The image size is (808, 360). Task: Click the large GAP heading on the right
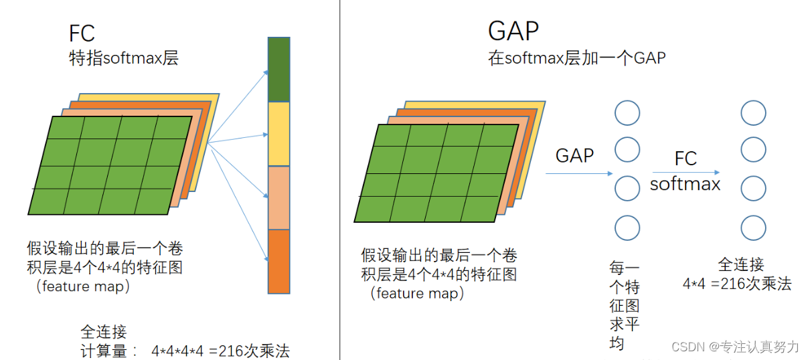click(513, 31)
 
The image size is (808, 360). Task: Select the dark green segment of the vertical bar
click(278, 69)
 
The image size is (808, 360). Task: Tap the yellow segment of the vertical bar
click(278, 134)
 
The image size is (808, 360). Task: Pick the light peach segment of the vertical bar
click(278, 197)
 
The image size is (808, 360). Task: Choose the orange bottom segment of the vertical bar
click(278, 261)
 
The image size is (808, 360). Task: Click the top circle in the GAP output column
click(627, 113)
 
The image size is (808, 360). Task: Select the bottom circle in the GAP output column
click(627, 228)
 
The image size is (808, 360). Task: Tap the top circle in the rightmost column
click(753, 113)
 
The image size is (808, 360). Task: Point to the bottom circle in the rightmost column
click(753, 228)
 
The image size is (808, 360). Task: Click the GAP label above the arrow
click(574, 156)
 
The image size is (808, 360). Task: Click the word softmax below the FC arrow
click(685, 184)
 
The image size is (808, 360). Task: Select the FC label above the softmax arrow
click(685, 159)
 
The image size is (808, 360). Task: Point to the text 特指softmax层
click(124, 58)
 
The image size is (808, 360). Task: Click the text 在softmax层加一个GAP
click(576, 58)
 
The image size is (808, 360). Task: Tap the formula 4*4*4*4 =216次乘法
click(220, 351)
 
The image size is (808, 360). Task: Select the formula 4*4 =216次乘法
click(736, 284)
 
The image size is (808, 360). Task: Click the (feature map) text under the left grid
click(83, 286)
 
